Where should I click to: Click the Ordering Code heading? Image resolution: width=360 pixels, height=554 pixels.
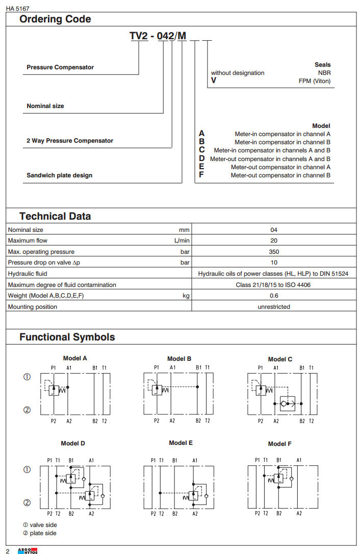coord(55,19)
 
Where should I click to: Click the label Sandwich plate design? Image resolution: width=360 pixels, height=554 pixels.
coord(60,175)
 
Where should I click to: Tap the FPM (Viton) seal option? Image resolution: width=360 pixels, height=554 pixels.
coord(315,81)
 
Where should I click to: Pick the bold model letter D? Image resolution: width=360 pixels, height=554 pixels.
coord(202,159)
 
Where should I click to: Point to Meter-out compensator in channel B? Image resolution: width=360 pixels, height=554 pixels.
coord(280,175)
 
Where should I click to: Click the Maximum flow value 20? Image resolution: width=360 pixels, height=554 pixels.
coord(274,241)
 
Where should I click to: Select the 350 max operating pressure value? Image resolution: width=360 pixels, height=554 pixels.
coord(274,252)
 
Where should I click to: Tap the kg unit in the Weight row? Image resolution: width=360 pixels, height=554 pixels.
coord(186,296)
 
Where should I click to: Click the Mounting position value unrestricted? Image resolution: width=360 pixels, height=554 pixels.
coord(274,307)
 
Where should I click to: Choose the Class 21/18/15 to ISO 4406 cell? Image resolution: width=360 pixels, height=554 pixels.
coord(273,285)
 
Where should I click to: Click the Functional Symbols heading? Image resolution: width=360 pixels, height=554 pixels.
coord(67,337)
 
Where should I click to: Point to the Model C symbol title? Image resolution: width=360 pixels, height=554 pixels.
coord(280,359)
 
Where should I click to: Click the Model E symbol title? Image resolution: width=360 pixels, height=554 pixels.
coord(181,443)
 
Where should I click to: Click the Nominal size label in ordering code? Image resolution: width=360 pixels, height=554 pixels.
coord(45,106)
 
